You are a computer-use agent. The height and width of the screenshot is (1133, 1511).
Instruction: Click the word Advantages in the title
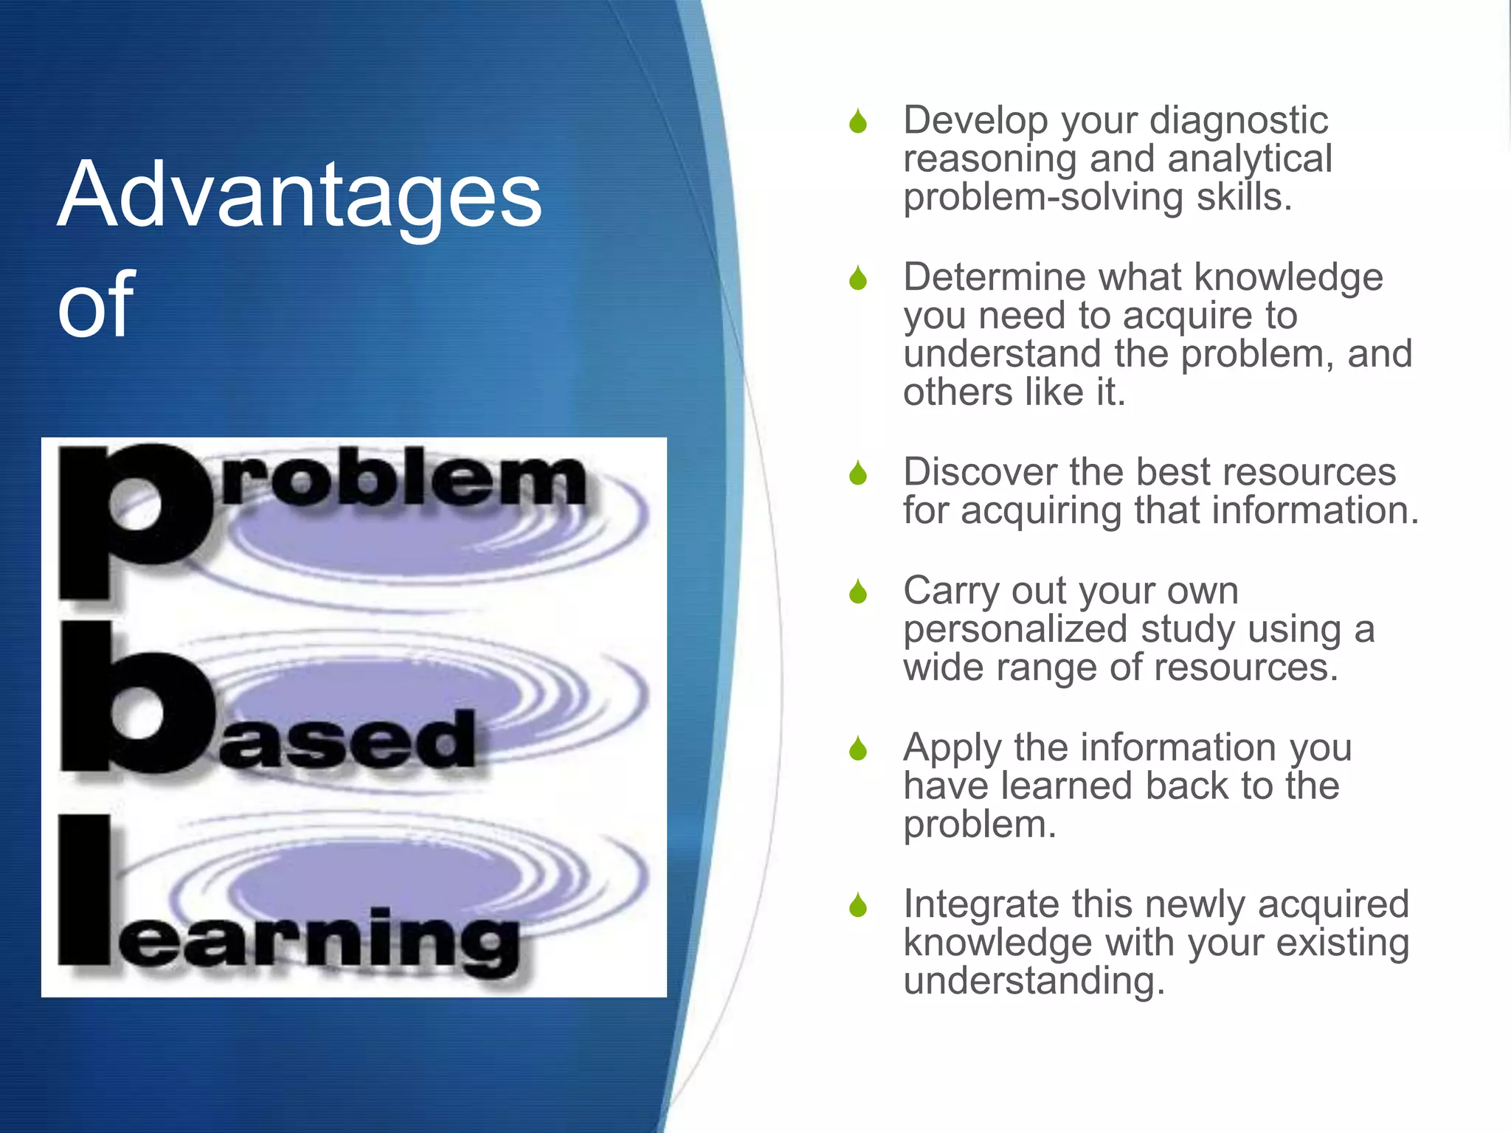click(299, 195)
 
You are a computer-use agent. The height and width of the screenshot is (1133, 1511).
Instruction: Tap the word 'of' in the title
click(96, 304)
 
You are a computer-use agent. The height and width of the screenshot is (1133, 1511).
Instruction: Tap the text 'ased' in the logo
click(347, 740)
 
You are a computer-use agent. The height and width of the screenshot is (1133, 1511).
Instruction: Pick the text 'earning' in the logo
click(317, 940)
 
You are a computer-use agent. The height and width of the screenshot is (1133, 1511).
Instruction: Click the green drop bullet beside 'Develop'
click(857, 122)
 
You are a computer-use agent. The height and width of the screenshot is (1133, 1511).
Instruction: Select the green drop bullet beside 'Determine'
click(857, 279)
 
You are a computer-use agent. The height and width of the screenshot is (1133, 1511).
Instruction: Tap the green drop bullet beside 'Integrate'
click(857, 905)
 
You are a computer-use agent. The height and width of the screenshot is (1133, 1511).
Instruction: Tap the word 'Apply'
click(952, 748)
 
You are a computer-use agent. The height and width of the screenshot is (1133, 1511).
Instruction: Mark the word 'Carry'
click(952, 591)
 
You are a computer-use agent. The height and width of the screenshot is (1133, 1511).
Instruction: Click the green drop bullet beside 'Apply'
click(857, 749)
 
